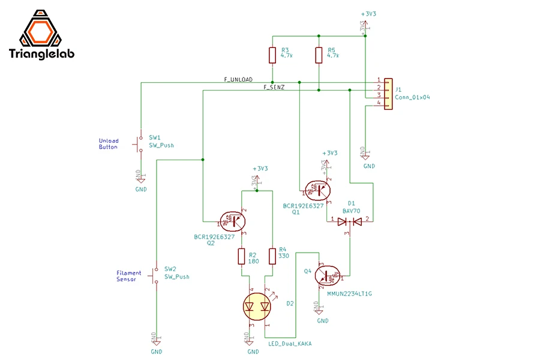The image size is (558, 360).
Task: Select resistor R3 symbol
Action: click(x=272, y=56)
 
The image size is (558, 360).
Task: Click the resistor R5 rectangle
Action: click(x=319, y=56)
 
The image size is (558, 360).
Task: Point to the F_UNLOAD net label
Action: click(x=238, y=79)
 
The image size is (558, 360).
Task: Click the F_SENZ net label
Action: click(x=274, y=88)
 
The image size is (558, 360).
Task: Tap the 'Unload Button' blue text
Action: click(x=109, y=144)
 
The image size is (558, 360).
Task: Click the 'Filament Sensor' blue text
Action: click(x=129, y=276)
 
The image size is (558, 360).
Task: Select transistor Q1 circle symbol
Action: click(x=316, y=190)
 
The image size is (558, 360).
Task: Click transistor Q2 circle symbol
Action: click(x=232, y=221)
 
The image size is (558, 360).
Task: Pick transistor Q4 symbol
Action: click(x=327, y=276)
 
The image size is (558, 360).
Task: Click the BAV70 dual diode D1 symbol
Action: click(x=350, y=221)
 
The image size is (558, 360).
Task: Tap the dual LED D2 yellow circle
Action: click(x=257, y=306)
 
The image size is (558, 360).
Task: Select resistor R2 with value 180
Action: click(x=242, y=257)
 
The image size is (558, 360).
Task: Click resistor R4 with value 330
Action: click(x=272, y=257)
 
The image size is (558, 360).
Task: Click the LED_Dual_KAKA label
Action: click(x=289, y=344)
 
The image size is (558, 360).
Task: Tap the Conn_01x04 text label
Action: click(x=413, y=97)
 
